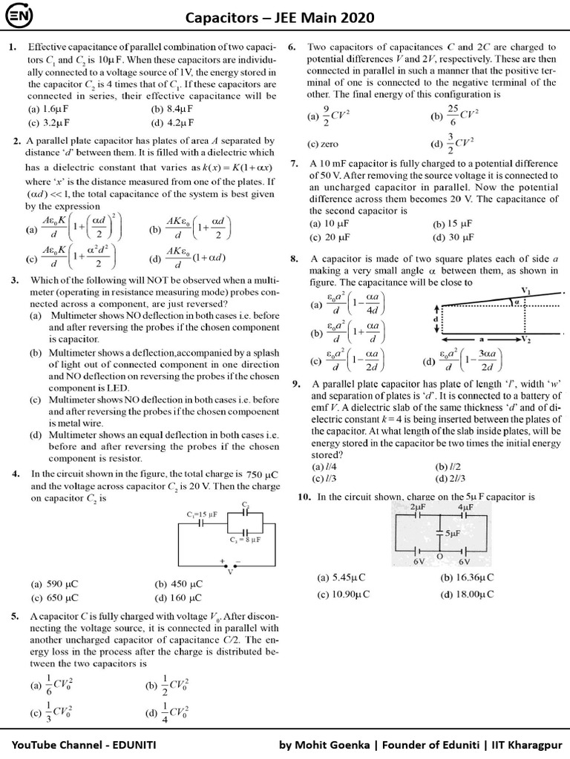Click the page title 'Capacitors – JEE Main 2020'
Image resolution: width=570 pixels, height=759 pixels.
290,17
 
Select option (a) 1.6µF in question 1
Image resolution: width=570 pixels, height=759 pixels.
45,109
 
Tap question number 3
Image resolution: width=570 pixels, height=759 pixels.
14,281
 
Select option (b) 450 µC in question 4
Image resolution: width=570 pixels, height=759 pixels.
178,584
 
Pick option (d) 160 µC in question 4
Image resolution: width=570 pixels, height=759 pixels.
178,597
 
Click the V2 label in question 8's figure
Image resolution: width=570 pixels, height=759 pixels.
525,339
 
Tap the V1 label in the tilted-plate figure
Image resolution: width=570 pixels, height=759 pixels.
525,290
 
